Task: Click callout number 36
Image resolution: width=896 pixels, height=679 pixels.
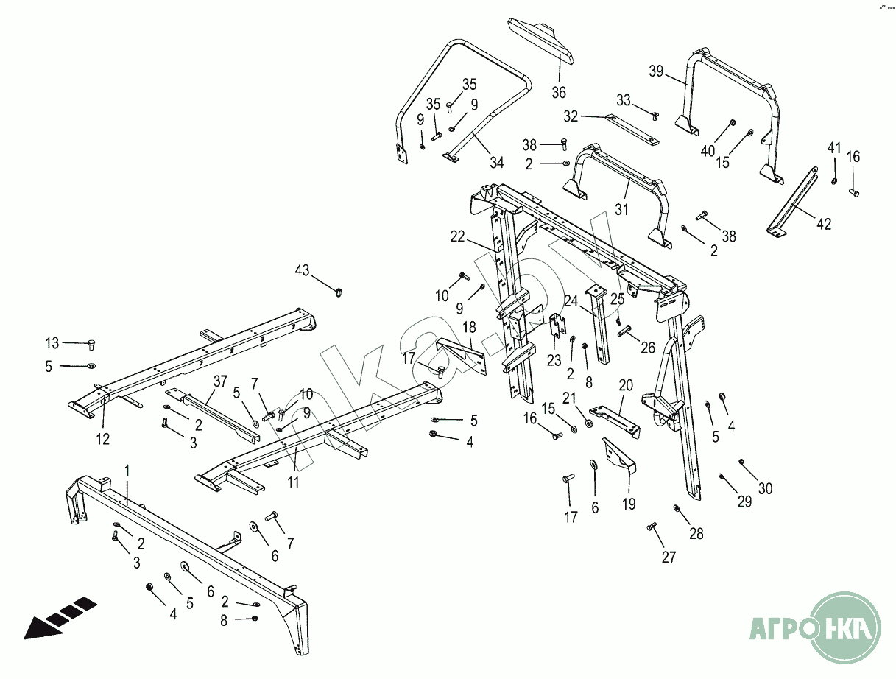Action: coord(559,92)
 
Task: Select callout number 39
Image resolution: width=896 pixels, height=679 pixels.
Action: coord(656,71)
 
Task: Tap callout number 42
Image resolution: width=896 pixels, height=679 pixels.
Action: coord(823,224)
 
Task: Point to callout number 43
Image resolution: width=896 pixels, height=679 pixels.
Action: coord(303,270)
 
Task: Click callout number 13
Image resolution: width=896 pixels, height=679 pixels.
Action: coord(52,343)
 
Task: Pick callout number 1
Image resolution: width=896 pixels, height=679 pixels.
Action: coord(127,469)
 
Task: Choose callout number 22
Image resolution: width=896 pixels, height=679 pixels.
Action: coord(458,236)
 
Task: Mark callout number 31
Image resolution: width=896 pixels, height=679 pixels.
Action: coord(623,210)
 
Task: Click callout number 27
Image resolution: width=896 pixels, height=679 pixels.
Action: coord(668,557)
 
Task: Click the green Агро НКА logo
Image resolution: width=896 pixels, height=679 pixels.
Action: coord(815,628)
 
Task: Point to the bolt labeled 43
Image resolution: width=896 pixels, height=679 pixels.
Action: coord(339,292)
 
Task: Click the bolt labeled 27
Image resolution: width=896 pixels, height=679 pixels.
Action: coord(652,527)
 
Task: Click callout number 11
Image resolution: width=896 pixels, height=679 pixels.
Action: coord(294,483)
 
